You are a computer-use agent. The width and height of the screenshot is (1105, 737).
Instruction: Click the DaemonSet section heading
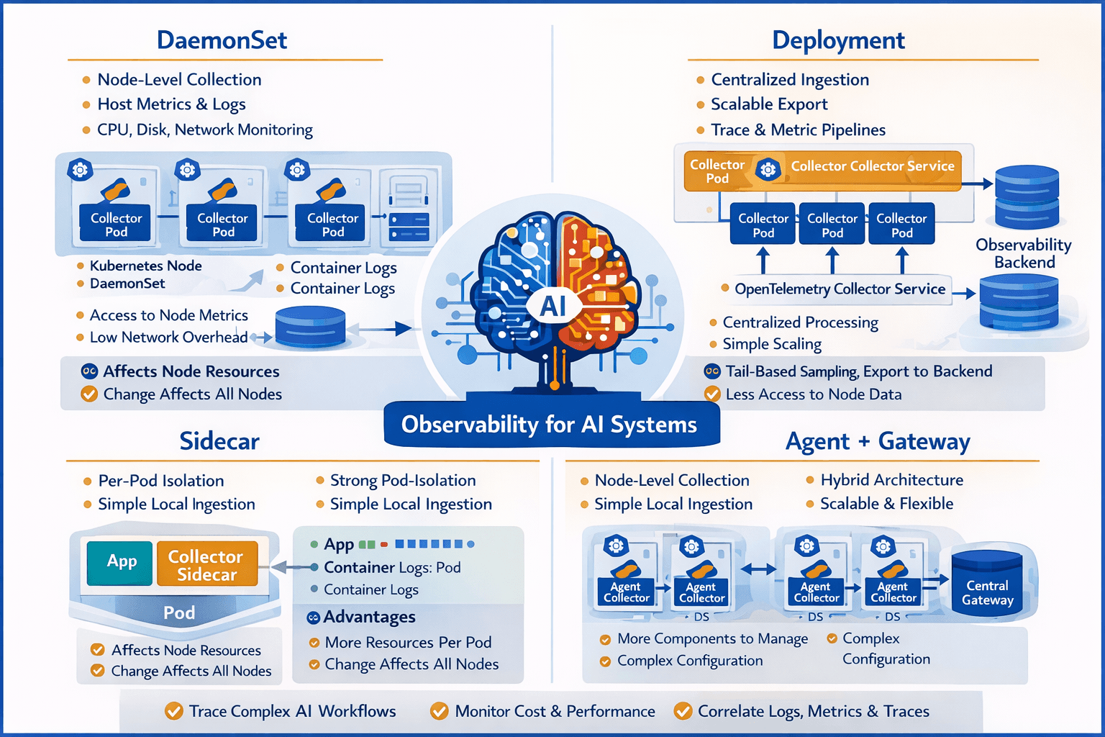pos(222,40)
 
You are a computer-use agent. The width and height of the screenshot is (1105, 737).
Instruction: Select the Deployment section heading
pos(838,40)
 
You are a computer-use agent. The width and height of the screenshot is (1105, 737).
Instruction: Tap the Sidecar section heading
pos(219,440)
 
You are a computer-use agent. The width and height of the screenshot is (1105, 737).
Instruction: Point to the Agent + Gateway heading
pos(878,440)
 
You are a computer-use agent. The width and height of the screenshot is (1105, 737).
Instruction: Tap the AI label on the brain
pos(552,307)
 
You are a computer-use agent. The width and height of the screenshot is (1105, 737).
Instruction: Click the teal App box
pos(121,562)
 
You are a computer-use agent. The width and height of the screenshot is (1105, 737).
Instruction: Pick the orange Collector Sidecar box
pos(206,565)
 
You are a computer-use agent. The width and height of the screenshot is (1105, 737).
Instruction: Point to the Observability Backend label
pos(1024,253)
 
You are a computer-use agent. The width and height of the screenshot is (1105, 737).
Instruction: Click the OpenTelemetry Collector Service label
pos(840,289)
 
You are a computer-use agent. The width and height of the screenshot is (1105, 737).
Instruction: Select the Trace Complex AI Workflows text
pos(292,711)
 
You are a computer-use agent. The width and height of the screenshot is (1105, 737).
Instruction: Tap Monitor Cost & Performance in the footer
pos(555,711)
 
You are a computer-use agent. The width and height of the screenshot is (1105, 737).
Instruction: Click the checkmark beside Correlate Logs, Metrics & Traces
pos(683,711)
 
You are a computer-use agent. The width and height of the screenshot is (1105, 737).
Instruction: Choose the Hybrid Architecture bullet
pos(891,480)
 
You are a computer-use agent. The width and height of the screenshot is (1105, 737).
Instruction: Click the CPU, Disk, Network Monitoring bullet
pos(204,130)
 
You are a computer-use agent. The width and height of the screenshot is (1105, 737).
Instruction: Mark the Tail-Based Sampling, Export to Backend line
pos(858,371)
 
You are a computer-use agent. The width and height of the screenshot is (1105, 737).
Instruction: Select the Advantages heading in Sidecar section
pos(369,617)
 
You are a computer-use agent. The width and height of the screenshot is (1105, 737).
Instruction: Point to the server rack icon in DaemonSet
pos(409,209)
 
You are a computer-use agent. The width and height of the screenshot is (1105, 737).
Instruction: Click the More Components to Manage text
pos(712,638)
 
